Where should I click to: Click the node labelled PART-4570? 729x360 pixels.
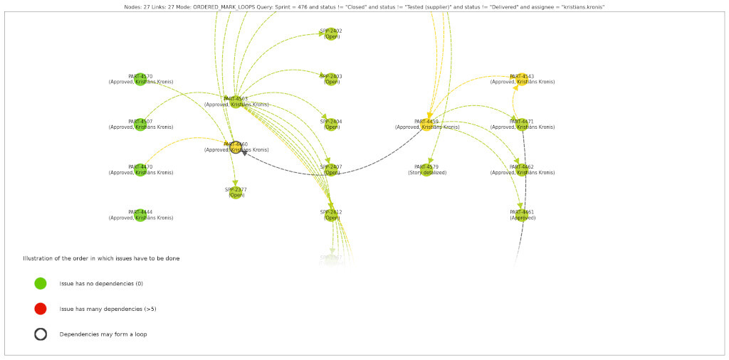pyautogui.click(x=141, y=79)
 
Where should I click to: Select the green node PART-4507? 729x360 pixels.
pyautogui.click(x=141, y=125)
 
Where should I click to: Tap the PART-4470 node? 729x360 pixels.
pyautogui.click(x=141, y=170)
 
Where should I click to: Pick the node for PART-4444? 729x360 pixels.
pyautogui.click(x=141, y=215)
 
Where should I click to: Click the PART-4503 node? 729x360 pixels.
pyautogui.click(x=236, y=102)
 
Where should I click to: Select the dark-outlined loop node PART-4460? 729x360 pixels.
pyautogui.click(x=236, y=147)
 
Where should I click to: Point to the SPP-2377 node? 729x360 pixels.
pyautogui.click(x=236, y=192)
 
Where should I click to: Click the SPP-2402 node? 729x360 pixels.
pyautogui.click(x=331, y=33)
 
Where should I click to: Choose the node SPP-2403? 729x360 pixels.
pyautogui.click(x=331, y=79)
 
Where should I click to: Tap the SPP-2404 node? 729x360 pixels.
pyautogui.click(x=331, y=125)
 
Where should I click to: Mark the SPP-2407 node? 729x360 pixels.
pyautogui.click(x=331, y=170)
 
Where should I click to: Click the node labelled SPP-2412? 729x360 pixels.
pyautogui.click(x=331, y=215)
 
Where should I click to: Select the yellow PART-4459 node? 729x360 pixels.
pyautogui.click(x=427, y=125)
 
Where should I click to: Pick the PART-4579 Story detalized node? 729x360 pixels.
pyautogui.click(x=427, y=170)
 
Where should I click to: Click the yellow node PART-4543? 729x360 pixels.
pyautogui.click(x=522, y=79)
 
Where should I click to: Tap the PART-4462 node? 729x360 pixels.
pyautogui.click(x=522, y=170)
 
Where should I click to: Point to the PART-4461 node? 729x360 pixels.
pyautogui.click(x=522, y=215)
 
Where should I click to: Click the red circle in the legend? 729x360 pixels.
pyautogui.click(x=41, y=309)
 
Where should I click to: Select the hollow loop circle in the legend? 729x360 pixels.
pyautogui.click(x=41, y=334)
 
